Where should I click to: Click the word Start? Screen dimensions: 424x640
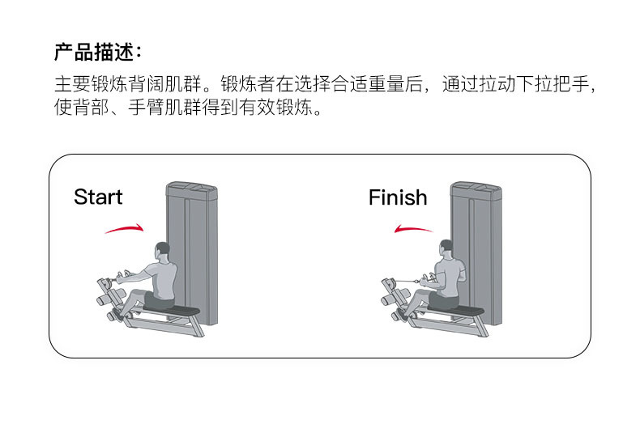coord(98,197)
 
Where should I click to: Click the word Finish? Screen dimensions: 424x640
coord(397,197)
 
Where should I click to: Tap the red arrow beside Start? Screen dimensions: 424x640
coord(124,230)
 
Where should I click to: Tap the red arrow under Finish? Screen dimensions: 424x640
coord(413,230)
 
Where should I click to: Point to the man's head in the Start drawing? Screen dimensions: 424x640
coord(163,250)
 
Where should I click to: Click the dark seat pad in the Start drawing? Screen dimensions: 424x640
coord(179,309)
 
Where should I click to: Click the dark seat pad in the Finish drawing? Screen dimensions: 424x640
coord(463,309)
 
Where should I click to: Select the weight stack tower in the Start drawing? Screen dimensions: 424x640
coord(191,243)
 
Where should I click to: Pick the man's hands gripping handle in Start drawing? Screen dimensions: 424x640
coord(118,276)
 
